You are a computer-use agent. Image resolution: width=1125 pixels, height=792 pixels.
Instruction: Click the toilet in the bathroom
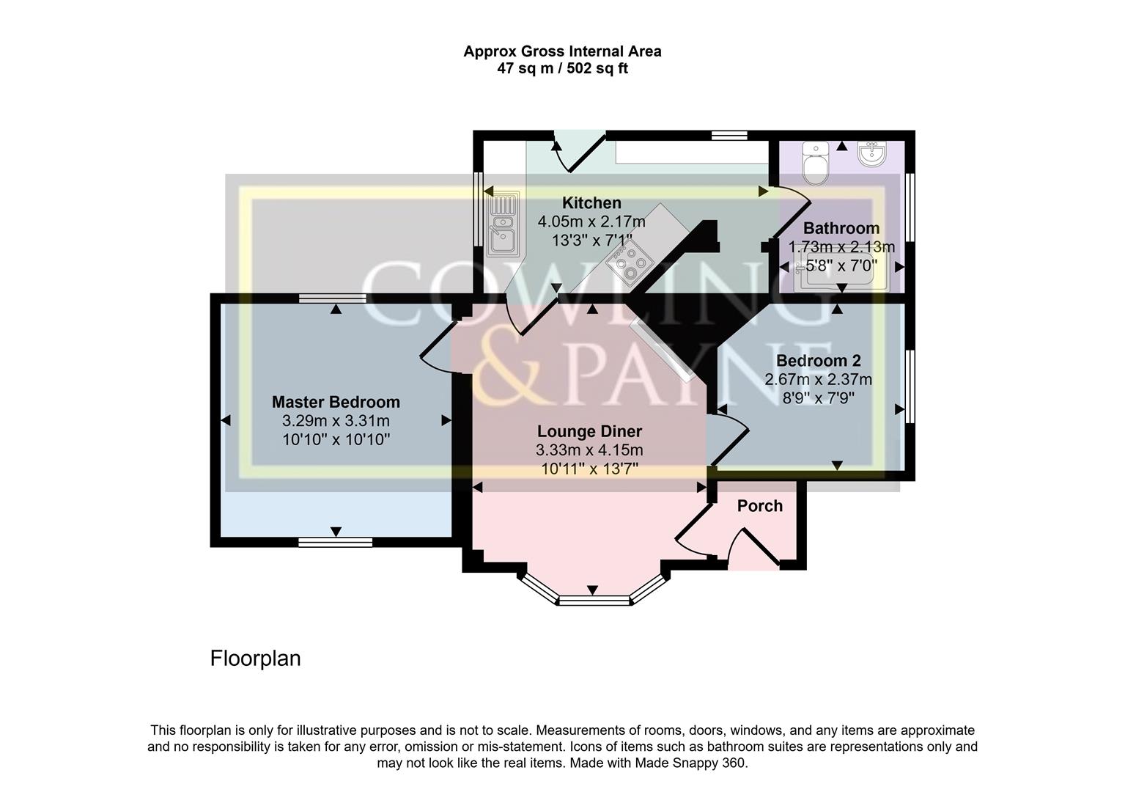[x=814, y=164]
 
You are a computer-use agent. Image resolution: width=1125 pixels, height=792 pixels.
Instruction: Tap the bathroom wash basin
[x=871, y=155]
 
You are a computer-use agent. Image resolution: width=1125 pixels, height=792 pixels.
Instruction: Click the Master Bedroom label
[x=336, y=402]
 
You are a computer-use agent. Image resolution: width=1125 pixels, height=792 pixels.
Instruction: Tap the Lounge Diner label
[x=589, y=432]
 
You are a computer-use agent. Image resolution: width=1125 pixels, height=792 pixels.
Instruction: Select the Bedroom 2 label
[x=818, y=361]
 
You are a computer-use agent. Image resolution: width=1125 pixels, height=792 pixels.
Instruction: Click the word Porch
[x=759, y=506]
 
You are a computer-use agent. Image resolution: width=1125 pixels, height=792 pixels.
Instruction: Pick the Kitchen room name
[x=591, y=203]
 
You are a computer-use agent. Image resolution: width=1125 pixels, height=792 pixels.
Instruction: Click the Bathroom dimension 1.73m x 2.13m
[x=841, y=247]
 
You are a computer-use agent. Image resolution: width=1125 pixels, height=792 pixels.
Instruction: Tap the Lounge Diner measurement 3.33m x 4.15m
[x=589, y=450]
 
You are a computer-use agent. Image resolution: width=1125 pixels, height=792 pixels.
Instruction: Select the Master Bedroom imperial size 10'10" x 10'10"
[x=336, y=440]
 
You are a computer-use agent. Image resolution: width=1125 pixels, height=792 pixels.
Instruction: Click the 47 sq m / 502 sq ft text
[x=562, y=69]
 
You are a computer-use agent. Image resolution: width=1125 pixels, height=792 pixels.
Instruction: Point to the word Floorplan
[x=255, y=659]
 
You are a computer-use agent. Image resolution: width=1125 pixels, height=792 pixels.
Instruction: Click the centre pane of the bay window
[x=594, y=601]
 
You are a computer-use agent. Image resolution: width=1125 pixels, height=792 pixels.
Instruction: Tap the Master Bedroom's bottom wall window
[x=335, y=542]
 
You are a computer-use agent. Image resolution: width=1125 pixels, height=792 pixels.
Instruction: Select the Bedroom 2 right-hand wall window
[x=910, y=386]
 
